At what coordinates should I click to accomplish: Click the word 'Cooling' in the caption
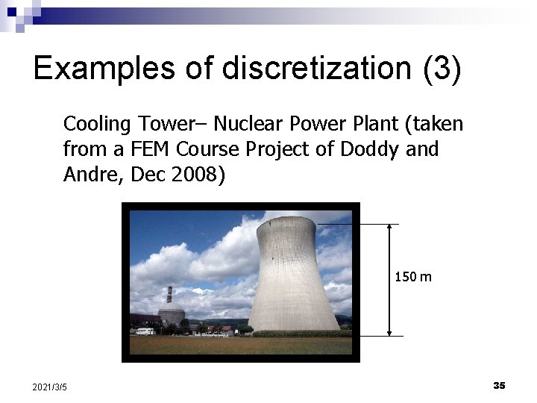95,124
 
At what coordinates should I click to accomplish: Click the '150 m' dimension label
412,278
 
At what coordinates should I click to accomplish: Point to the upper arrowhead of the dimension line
389,228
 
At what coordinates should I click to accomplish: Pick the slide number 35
499,385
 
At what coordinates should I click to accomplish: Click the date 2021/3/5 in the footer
50,387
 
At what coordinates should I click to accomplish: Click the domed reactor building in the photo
172,315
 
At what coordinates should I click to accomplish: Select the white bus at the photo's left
145,331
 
